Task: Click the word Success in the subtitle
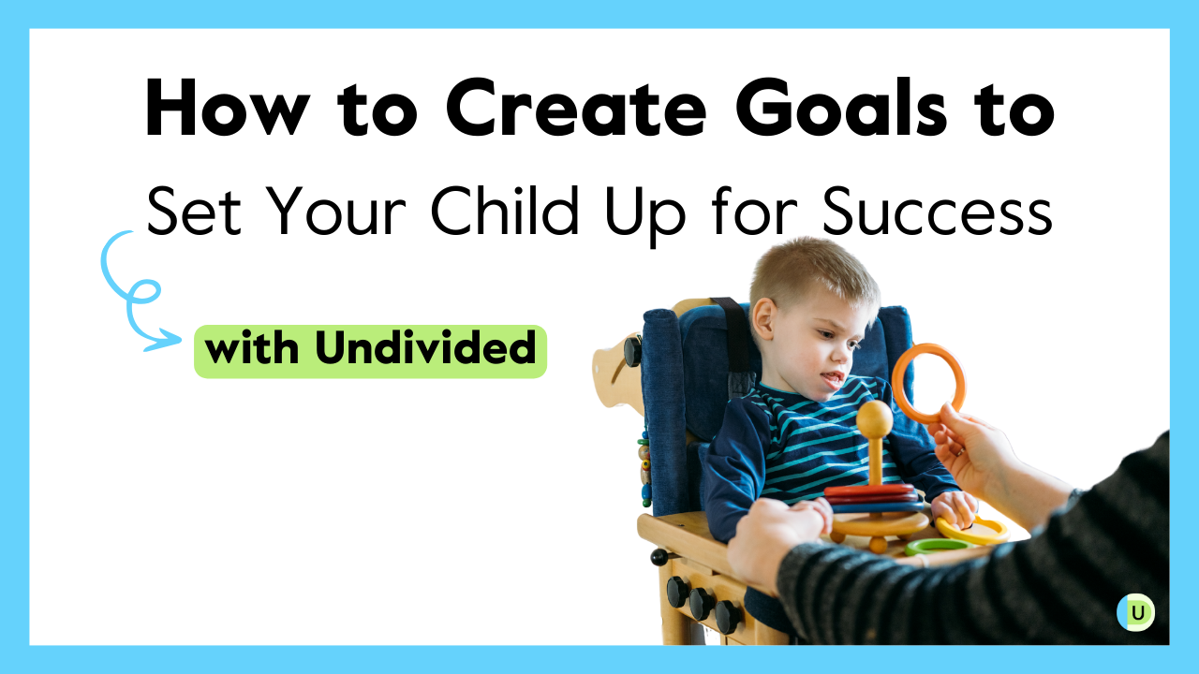click(937, 212)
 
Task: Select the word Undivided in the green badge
click(425, 350)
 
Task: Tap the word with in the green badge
click(255, 350)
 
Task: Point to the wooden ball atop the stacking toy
click(875, 418)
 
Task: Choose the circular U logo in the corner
click(1135, 613)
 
